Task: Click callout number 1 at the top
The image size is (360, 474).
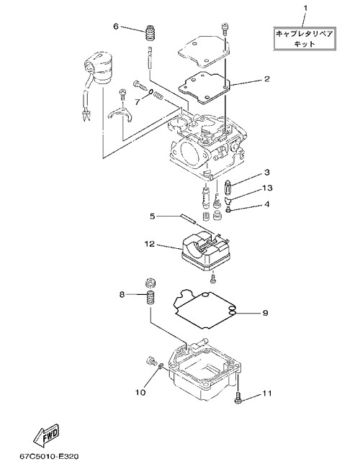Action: [x=305, y=8]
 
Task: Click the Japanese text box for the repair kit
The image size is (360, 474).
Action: [x=305, y=38]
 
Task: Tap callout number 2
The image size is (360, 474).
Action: [x=266, y=79]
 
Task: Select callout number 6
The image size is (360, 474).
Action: [x=116, y=27]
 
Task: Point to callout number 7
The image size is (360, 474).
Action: [x=138, y=102]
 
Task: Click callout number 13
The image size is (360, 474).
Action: [x=267, y=188]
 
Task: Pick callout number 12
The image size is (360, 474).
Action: [x=150, y=244]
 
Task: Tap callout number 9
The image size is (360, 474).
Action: [x=265, y=313]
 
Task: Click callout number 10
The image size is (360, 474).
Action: [x=140, y=393]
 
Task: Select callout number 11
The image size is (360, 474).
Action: [x=267, y=393]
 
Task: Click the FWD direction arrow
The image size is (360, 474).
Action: [x=46, y=434]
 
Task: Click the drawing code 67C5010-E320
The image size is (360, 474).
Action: [x=48, y=456]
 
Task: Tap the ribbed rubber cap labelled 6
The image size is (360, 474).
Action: [x=148, y=33]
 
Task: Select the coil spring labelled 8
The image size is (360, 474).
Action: [x=150, y=298]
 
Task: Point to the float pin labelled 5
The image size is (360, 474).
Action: [x=188, y=219]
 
